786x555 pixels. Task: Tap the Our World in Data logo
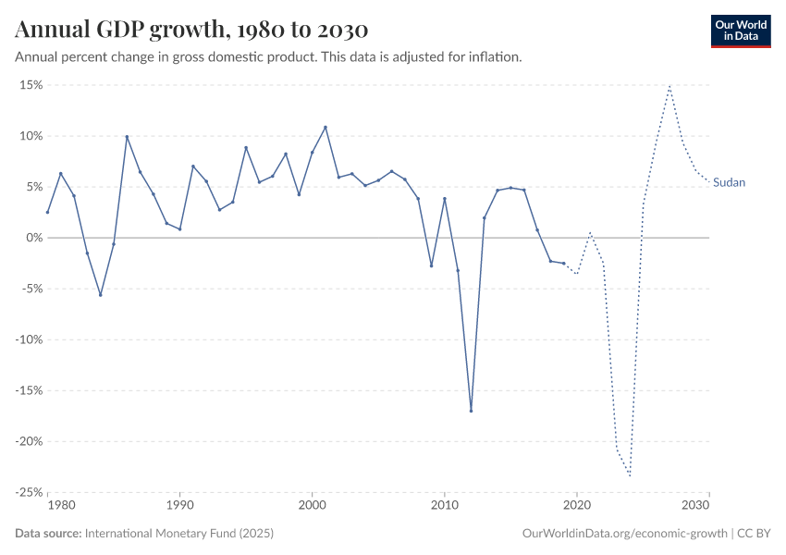click(741, 31)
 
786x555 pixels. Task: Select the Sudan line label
click(729, 183)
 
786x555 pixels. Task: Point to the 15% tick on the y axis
click(31, 85)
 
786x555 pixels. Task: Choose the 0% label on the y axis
click(35, 238)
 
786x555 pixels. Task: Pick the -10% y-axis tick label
click(30, 339)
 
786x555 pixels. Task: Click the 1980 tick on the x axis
click(60, 506)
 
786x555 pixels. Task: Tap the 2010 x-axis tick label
click(445, 506)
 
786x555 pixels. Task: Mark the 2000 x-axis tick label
click(313, 506)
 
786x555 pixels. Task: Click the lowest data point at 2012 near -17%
click(471, 411)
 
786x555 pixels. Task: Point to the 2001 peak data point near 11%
click(325, 128)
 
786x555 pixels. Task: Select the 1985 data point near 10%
click(127, 137)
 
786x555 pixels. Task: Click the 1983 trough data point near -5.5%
click(100, 295)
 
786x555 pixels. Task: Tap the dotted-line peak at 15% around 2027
click(669, 86)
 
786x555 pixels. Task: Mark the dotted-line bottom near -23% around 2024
click(630, 475)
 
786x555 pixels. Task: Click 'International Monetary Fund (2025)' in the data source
click(178, 534)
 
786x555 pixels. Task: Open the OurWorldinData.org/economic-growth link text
click(625, 534)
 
